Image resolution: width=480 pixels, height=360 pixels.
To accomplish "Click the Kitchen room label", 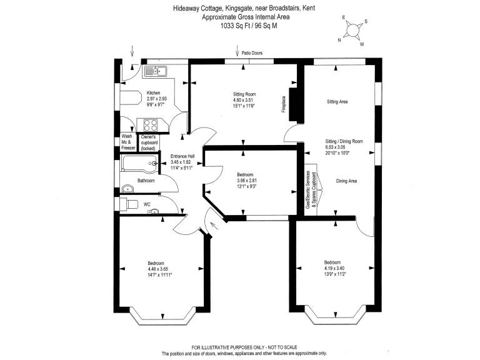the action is [153, 92].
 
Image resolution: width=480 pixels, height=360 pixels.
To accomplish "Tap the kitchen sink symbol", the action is [155, 71].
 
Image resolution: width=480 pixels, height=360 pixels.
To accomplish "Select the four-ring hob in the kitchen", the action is [151, 125].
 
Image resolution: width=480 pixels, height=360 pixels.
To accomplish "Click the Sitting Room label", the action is [244, 94].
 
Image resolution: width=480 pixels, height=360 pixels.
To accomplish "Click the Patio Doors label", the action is [252, 53].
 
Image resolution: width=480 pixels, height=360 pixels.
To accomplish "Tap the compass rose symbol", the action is [352, 30].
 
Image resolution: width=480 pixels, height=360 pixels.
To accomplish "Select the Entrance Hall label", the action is [182, 156].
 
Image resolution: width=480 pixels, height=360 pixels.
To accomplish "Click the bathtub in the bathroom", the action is [140, 164].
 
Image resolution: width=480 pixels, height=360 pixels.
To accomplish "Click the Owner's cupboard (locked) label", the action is [149, 142].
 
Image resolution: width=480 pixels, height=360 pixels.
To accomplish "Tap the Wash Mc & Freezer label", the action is [128, 142].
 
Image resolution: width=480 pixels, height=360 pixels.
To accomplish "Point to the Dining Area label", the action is [346, 181].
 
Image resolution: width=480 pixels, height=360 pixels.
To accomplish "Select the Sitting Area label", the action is [337, 102].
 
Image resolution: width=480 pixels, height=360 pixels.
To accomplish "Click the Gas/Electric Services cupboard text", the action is [311, 191].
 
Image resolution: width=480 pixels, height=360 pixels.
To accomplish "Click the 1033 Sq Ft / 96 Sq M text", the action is [249, 26].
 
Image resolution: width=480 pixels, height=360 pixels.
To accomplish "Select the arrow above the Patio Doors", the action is [237, 51].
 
